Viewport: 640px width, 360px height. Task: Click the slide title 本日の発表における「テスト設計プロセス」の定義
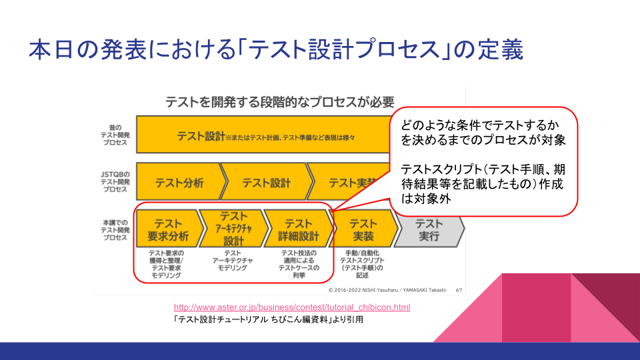point(275,51)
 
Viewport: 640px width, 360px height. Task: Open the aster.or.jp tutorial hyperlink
point(292,307)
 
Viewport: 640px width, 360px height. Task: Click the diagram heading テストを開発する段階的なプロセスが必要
point(280,102)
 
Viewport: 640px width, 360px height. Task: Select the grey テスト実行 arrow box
point(429,230)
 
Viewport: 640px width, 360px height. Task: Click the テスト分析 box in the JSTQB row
point(179,183)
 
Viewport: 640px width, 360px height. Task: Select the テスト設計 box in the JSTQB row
point(266,183)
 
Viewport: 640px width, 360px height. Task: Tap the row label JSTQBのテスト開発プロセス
point(115,182)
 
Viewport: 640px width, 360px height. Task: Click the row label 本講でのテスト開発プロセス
point(115,229)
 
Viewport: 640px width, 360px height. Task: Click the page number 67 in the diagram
point(459,290)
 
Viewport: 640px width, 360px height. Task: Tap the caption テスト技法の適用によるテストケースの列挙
point(299,264)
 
